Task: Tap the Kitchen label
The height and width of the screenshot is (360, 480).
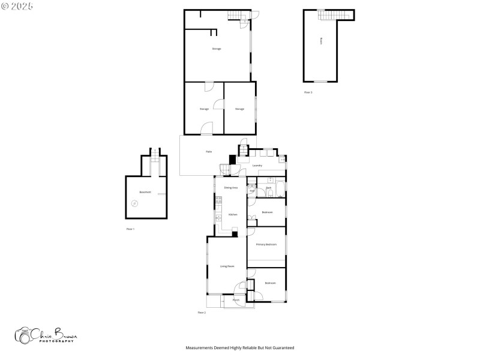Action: [232, 214]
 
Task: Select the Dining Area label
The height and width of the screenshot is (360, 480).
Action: [231, 188]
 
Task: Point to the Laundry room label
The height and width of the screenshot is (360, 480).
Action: [257, 165]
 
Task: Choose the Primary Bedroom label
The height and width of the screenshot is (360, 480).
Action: [266, 244]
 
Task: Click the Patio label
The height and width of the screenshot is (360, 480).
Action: [209, 151]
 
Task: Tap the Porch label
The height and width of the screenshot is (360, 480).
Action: [236, 299]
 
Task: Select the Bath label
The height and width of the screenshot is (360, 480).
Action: [269, 188]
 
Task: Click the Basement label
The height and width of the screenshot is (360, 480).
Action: [145, 192]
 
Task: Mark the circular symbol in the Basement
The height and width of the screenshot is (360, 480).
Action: [134, 203]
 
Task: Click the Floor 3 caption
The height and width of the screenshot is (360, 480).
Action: [308, 92]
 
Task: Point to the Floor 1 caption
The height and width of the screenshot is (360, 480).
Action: [130, 229]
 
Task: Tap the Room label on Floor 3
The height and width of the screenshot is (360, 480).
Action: [321, 41]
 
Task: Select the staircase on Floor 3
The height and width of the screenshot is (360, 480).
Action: [328, 14]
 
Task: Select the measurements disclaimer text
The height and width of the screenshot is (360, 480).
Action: [239, 347]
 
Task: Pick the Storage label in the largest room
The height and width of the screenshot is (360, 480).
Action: [217, 49]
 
